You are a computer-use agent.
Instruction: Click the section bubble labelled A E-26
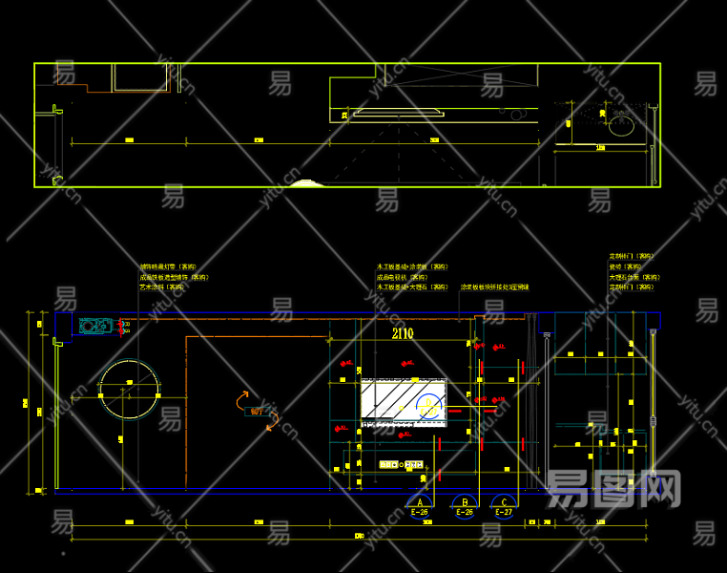tap(419, 503)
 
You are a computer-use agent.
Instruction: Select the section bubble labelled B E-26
tap(465, 503)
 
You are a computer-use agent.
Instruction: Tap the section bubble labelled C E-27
tap(503, 503)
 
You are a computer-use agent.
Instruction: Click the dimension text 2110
tap(402, 333)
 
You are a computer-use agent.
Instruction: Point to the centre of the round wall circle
tap(129, 388)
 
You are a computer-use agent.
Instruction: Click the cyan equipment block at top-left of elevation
tap(95, 326)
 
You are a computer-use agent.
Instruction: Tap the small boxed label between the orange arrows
tap(257, 412)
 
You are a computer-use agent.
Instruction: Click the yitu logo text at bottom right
tap(613, 489)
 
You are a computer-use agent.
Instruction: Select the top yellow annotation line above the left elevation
tap(168, 267)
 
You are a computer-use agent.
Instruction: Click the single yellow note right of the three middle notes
tap(494, 286)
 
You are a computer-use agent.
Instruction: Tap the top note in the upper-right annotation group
tap(633, 256)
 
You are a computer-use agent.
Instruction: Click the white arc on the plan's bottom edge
tap(306, 182)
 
